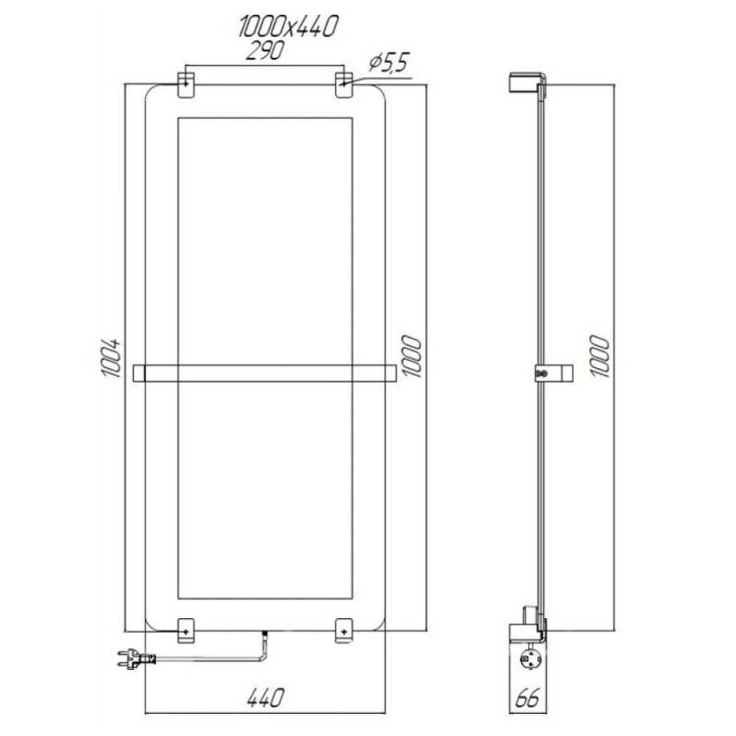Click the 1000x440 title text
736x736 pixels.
[x=288, y=26]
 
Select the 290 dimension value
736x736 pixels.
[x=265, y=51]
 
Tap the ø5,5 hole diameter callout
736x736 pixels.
[x=389, y=62]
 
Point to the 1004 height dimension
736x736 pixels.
[x=111, y=357]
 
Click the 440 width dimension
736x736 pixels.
[x=265, y=698]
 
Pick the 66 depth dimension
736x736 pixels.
[x=528, y=698]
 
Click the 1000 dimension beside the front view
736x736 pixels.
[x=411, y=356]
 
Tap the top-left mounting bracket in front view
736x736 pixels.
[x=186, y=85]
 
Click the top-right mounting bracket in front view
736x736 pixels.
[x=344, y=85]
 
